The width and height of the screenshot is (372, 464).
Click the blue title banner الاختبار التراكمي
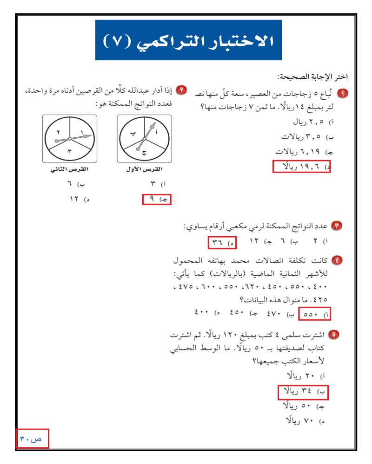pos(188,40)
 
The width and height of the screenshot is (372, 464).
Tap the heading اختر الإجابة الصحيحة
pos(312,77)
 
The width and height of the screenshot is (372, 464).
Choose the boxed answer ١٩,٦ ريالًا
pos(301,166)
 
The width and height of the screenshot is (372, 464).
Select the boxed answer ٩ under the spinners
pos(157,199)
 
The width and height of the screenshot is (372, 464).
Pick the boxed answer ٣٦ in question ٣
pos(222,242)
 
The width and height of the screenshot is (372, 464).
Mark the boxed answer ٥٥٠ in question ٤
pos(314,314)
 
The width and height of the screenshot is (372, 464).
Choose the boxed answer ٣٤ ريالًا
pos(303,392)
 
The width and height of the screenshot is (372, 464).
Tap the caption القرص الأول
pos(145,170)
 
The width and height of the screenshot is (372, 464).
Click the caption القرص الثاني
pos(69,170)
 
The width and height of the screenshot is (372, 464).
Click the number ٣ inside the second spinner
pos(69,151)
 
